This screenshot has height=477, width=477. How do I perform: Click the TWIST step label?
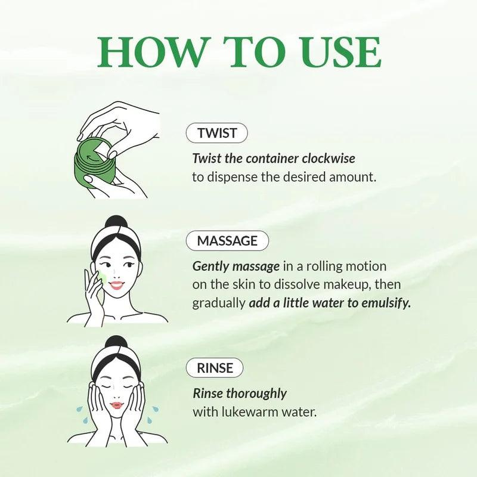[217, 133]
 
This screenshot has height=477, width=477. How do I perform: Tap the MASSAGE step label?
[227, 241]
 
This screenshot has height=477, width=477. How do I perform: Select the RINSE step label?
[215, 368]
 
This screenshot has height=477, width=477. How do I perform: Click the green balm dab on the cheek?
[102, 277]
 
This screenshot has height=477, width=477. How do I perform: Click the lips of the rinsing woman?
[117, 405]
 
